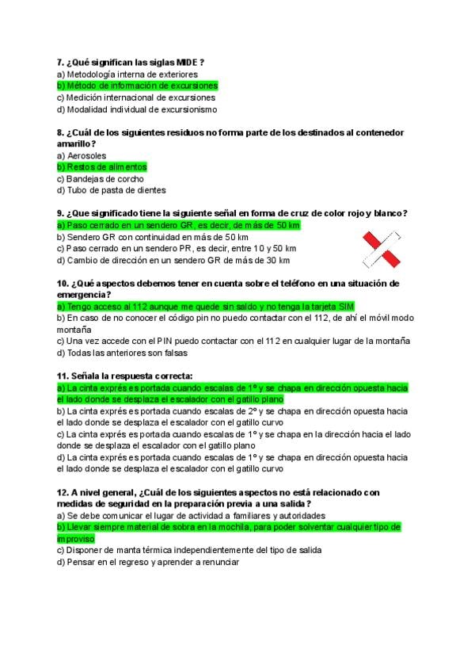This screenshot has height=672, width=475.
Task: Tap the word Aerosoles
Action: point(87,155)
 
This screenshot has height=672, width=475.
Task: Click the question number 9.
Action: point(61,213)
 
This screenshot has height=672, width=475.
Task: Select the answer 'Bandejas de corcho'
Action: point(101,179)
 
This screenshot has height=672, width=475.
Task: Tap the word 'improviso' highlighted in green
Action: point(76,539)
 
